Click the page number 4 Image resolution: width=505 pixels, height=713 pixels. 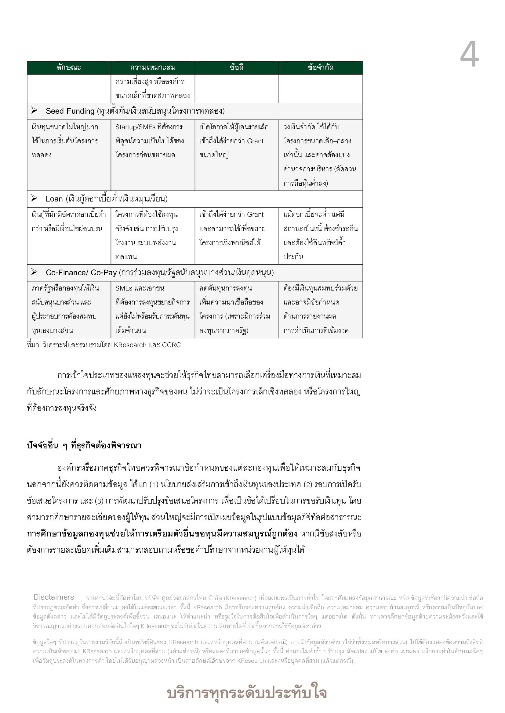click(470, 55)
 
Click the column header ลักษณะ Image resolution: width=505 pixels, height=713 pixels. click(69, 67)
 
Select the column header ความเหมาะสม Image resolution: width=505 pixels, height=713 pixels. click(153, 67)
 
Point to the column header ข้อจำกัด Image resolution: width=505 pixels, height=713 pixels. click(321, 67)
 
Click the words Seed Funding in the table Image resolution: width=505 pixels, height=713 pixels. click(70, 111)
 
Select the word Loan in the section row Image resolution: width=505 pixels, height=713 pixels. click(54, 199)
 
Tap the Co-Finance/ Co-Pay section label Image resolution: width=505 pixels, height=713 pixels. click(81, 273)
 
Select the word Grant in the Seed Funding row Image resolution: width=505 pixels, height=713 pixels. click(255, 141)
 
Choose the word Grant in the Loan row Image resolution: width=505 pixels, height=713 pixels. click(255, 215)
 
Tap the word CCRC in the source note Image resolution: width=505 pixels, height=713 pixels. click(171, 345)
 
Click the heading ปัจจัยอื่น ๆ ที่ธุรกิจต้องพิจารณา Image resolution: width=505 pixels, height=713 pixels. click(84, 446)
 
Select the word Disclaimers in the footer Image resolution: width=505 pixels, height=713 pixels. click(54, 597)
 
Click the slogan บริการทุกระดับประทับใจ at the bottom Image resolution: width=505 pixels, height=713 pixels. click(247, 693)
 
